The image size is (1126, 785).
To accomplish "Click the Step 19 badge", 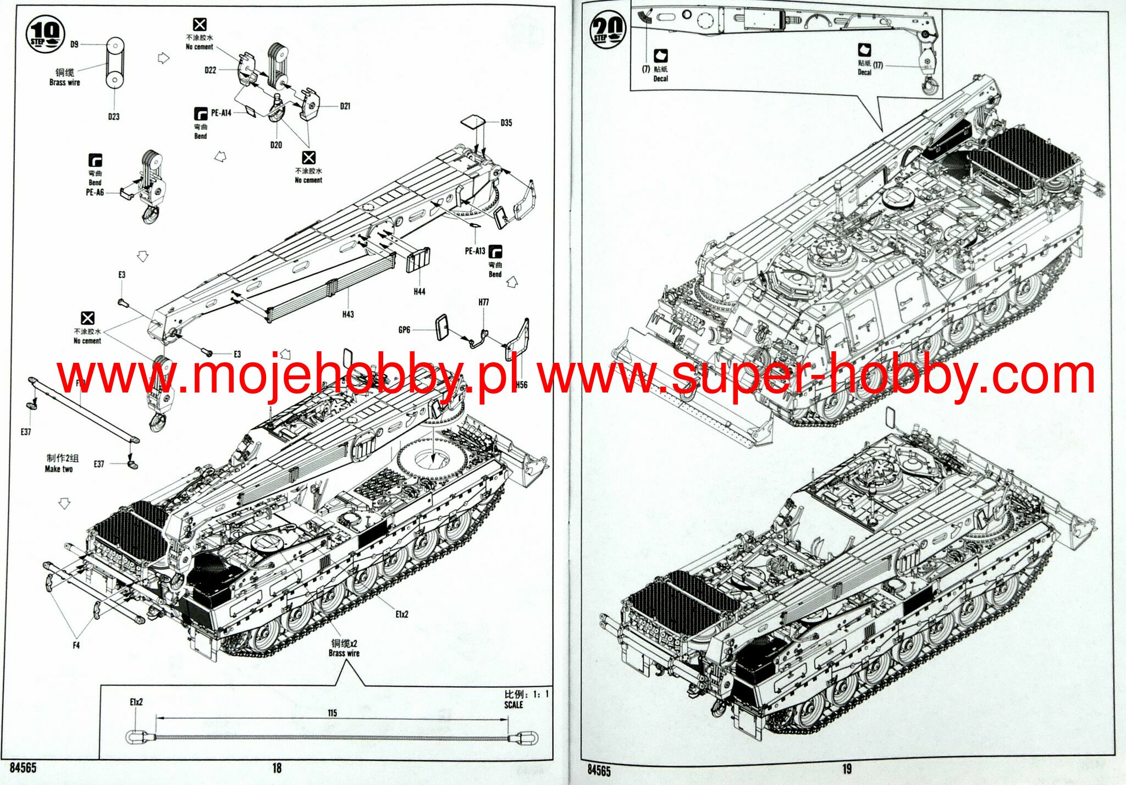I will [x=45, y=34].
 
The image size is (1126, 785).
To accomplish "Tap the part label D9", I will [x=74, y=44].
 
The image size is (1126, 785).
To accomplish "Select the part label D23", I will [x=113, y=117].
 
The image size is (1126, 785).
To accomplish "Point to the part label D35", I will [x=506, y=123].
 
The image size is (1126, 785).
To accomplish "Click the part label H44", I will [x=419, y=291].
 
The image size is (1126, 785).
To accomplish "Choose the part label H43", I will [x=347, y=314].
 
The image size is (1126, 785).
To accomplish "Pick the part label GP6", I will [x=404, y=330].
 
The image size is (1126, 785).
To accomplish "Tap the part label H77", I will [x=483, y=302].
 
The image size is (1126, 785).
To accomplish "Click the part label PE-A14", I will [x=221, y=113].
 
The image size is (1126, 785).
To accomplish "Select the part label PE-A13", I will [x=475, y=251].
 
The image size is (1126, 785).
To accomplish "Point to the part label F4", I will [x=76, y=645].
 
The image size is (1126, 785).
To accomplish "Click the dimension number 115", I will [x=332, y=713].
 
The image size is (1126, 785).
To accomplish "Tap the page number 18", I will [x=277, y=769].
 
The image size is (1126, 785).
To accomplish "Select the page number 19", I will [x=846, y=770].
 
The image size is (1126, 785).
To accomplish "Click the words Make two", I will [x=59, y=469].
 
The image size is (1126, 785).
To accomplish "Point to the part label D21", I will [x=345, y=106].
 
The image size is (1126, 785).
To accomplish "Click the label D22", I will [x=211, y=70].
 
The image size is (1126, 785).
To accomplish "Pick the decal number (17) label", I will [x=877, y=65].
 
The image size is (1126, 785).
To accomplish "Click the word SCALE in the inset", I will [x=514, y=705].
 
